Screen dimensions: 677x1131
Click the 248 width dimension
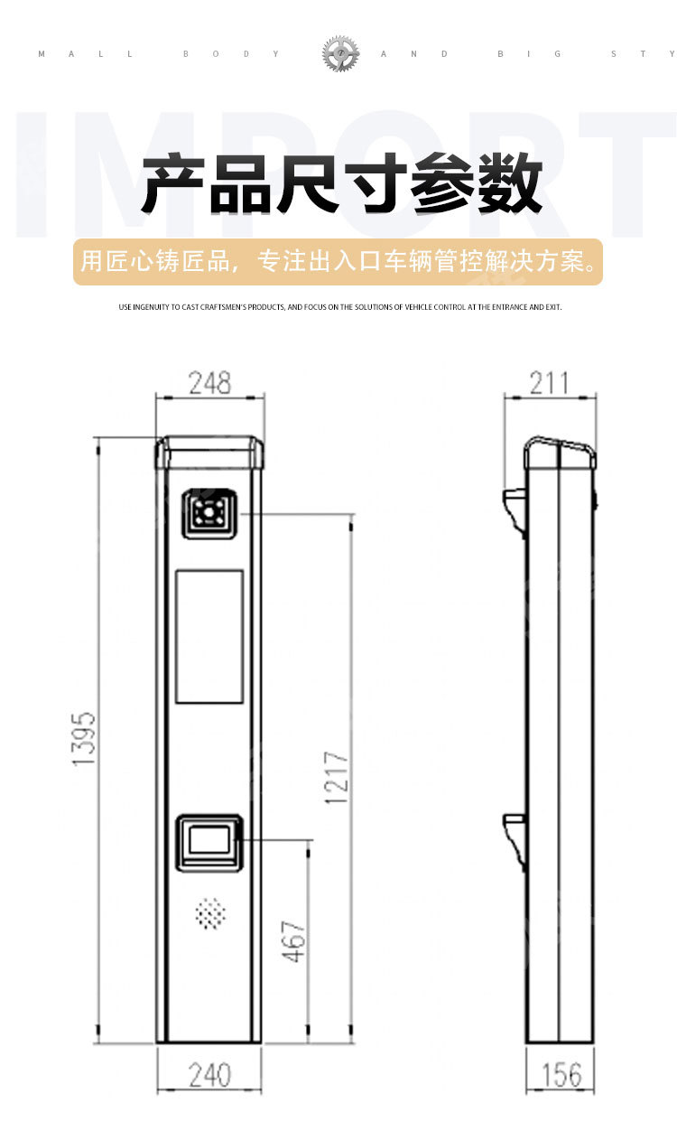[x=209, y=383]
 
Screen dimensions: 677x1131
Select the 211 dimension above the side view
[x=549, y=383]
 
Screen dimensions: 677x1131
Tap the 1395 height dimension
[x=84, y=739]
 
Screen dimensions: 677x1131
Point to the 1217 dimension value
[x=337, y=778]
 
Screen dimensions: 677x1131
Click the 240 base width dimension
[x=209, y=1075]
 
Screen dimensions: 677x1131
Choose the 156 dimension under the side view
[x=561, y=1075]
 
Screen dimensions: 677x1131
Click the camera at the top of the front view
[x=209, y=513]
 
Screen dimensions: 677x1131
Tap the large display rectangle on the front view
[x=209, y=637]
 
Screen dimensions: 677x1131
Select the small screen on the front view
[x=209, y=841]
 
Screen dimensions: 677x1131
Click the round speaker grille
[x=209, y=914]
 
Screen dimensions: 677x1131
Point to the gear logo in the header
[x=340, y=54]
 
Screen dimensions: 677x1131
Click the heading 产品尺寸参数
[x=341, y=184]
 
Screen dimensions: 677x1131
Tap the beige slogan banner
[x=338, y=262]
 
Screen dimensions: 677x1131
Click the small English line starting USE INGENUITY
[x=339, y=307]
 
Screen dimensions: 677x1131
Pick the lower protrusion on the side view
[x=515, y=836]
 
